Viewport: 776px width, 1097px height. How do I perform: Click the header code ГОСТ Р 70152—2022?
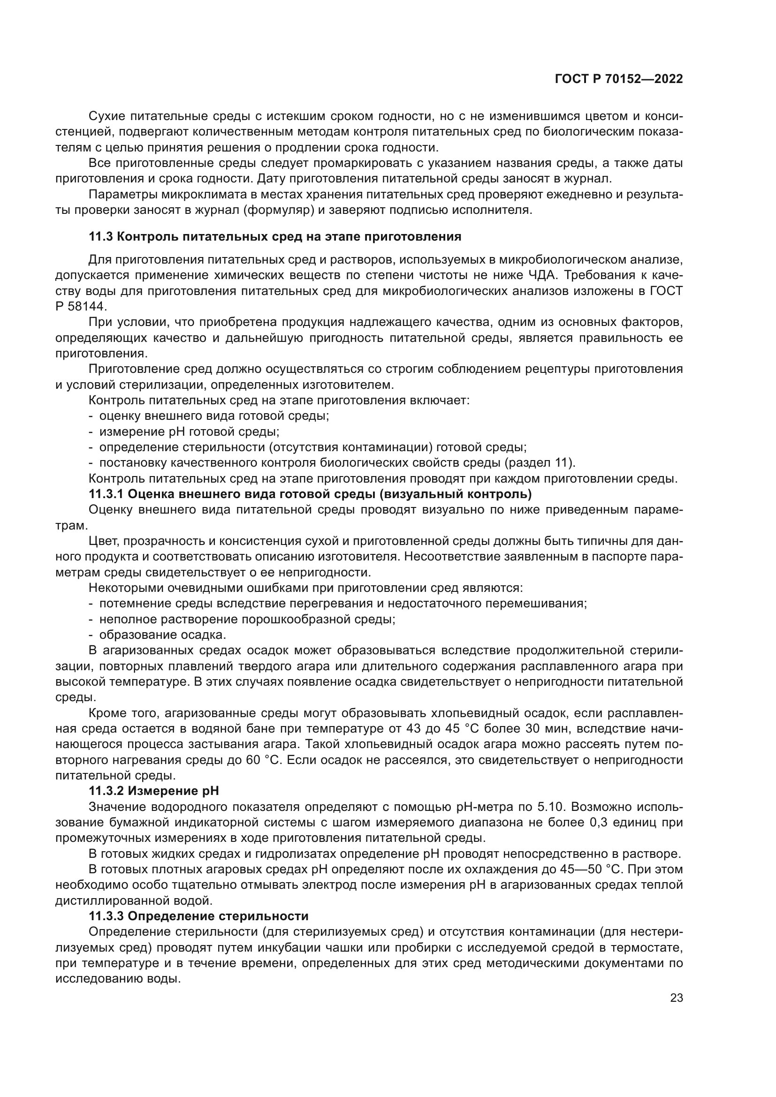click(618, 79)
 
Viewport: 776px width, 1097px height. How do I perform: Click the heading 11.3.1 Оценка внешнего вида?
click(310, 494)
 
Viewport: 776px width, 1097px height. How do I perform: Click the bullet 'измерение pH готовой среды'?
click(189, 432)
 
